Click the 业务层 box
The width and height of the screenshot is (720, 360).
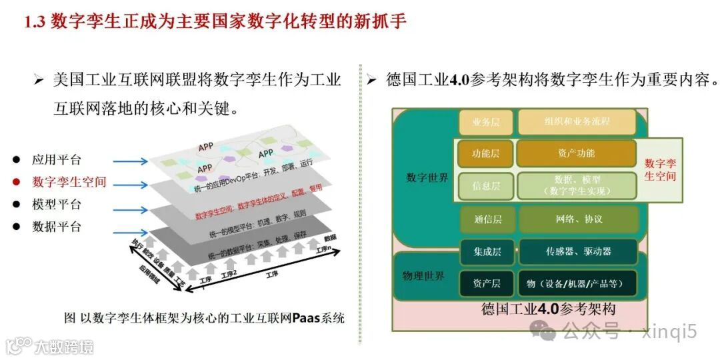coord(486,123)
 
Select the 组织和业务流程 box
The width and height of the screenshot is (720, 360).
coord(577,122)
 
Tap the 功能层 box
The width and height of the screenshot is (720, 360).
coord(486,153)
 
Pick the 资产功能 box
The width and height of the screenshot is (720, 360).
coord(576,153)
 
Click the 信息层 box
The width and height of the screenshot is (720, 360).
coord(486,186)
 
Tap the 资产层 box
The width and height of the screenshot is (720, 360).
coord(487,283)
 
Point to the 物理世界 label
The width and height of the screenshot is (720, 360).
coord(423,276)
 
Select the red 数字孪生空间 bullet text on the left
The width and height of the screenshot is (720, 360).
coord(69,182)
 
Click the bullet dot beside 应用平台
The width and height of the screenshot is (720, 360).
coord(17,160)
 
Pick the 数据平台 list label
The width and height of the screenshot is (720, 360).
coord(57,227)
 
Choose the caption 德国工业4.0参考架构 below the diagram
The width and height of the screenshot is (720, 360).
coord(548,309)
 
